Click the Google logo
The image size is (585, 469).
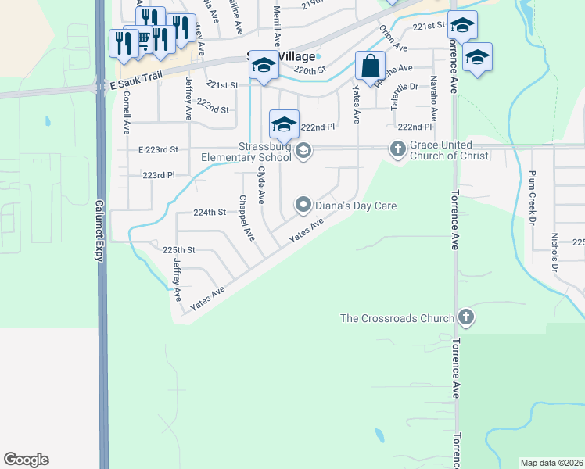(26, 460)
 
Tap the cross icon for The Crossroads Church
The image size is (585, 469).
(466, 317)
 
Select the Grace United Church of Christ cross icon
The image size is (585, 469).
(397, 149)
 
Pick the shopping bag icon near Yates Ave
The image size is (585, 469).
(370, 66)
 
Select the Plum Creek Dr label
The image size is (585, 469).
(533, 195)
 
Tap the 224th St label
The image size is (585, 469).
(209, 212)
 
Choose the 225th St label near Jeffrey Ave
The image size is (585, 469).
(178, 250)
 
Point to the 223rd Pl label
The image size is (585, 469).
(158, 175)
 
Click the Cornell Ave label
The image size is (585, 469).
(126, 117)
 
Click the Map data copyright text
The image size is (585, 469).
(552, 463)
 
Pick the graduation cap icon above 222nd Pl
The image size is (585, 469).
(284, 123)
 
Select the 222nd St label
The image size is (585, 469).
(213, 110)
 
